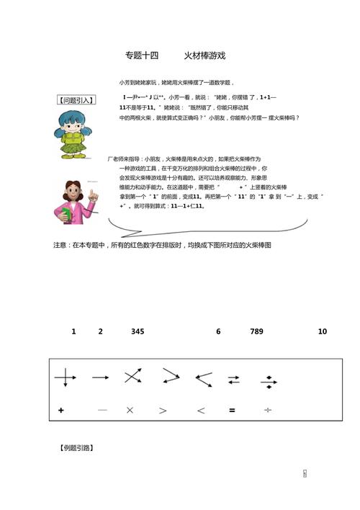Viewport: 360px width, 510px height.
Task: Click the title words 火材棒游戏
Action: pos(204,55)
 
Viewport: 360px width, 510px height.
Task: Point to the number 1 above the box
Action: pos(73,331)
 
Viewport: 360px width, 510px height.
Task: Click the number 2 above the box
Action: pos(100,331)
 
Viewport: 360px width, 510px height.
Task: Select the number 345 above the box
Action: pos(138,331)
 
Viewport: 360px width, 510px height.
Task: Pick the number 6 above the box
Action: pos(218,331)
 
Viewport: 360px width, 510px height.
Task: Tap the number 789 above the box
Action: pos(256,331)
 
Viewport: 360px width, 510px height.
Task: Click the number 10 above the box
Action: pos(322,331)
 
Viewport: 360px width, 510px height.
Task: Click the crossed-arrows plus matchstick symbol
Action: pos(65,377)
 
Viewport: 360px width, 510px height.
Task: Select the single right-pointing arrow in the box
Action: pos(100,377)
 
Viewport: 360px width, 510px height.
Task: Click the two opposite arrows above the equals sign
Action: pos(234,379)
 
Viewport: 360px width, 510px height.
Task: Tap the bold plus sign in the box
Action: pos(61,411)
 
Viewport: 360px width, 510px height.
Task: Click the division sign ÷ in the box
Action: pos(268,411)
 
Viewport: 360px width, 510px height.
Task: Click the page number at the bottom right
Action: pos(305,473)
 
